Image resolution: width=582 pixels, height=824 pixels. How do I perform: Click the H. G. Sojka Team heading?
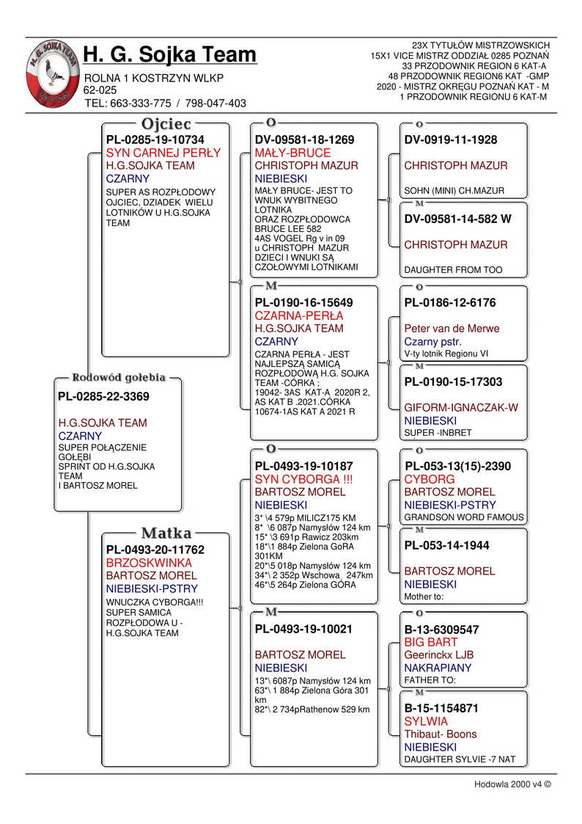point(170,54)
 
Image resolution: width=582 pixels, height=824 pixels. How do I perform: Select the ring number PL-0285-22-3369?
point(103,397)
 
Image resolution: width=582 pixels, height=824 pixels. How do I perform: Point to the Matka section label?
point(166,533)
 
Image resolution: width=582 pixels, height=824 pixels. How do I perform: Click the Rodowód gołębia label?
point(118,378)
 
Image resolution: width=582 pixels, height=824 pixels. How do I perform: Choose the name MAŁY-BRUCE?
point(292,153)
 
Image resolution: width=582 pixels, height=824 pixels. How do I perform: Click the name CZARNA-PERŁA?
point(298,316)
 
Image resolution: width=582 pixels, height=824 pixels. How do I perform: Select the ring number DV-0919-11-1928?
point(451,140)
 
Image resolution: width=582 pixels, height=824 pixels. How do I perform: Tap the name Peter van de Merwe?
point(452,329)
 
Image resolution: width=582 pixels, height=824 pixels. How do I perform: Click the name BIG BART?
point(431,642)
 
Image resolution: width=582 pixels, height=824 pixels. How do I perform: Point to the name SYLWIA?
point(426,721)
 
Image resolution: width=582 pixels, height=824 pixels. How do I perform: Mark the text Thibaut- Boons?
point(440,734)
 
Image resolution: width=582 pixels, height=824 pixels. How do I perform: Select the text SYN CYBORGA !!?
point(304,479)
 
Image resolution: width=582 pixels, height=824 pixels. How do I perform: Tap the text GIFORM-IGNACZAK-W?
point(461,408)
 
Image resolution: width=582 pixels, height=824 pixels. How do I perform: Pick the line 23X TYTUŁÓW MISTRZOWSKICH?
point(481,45)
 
